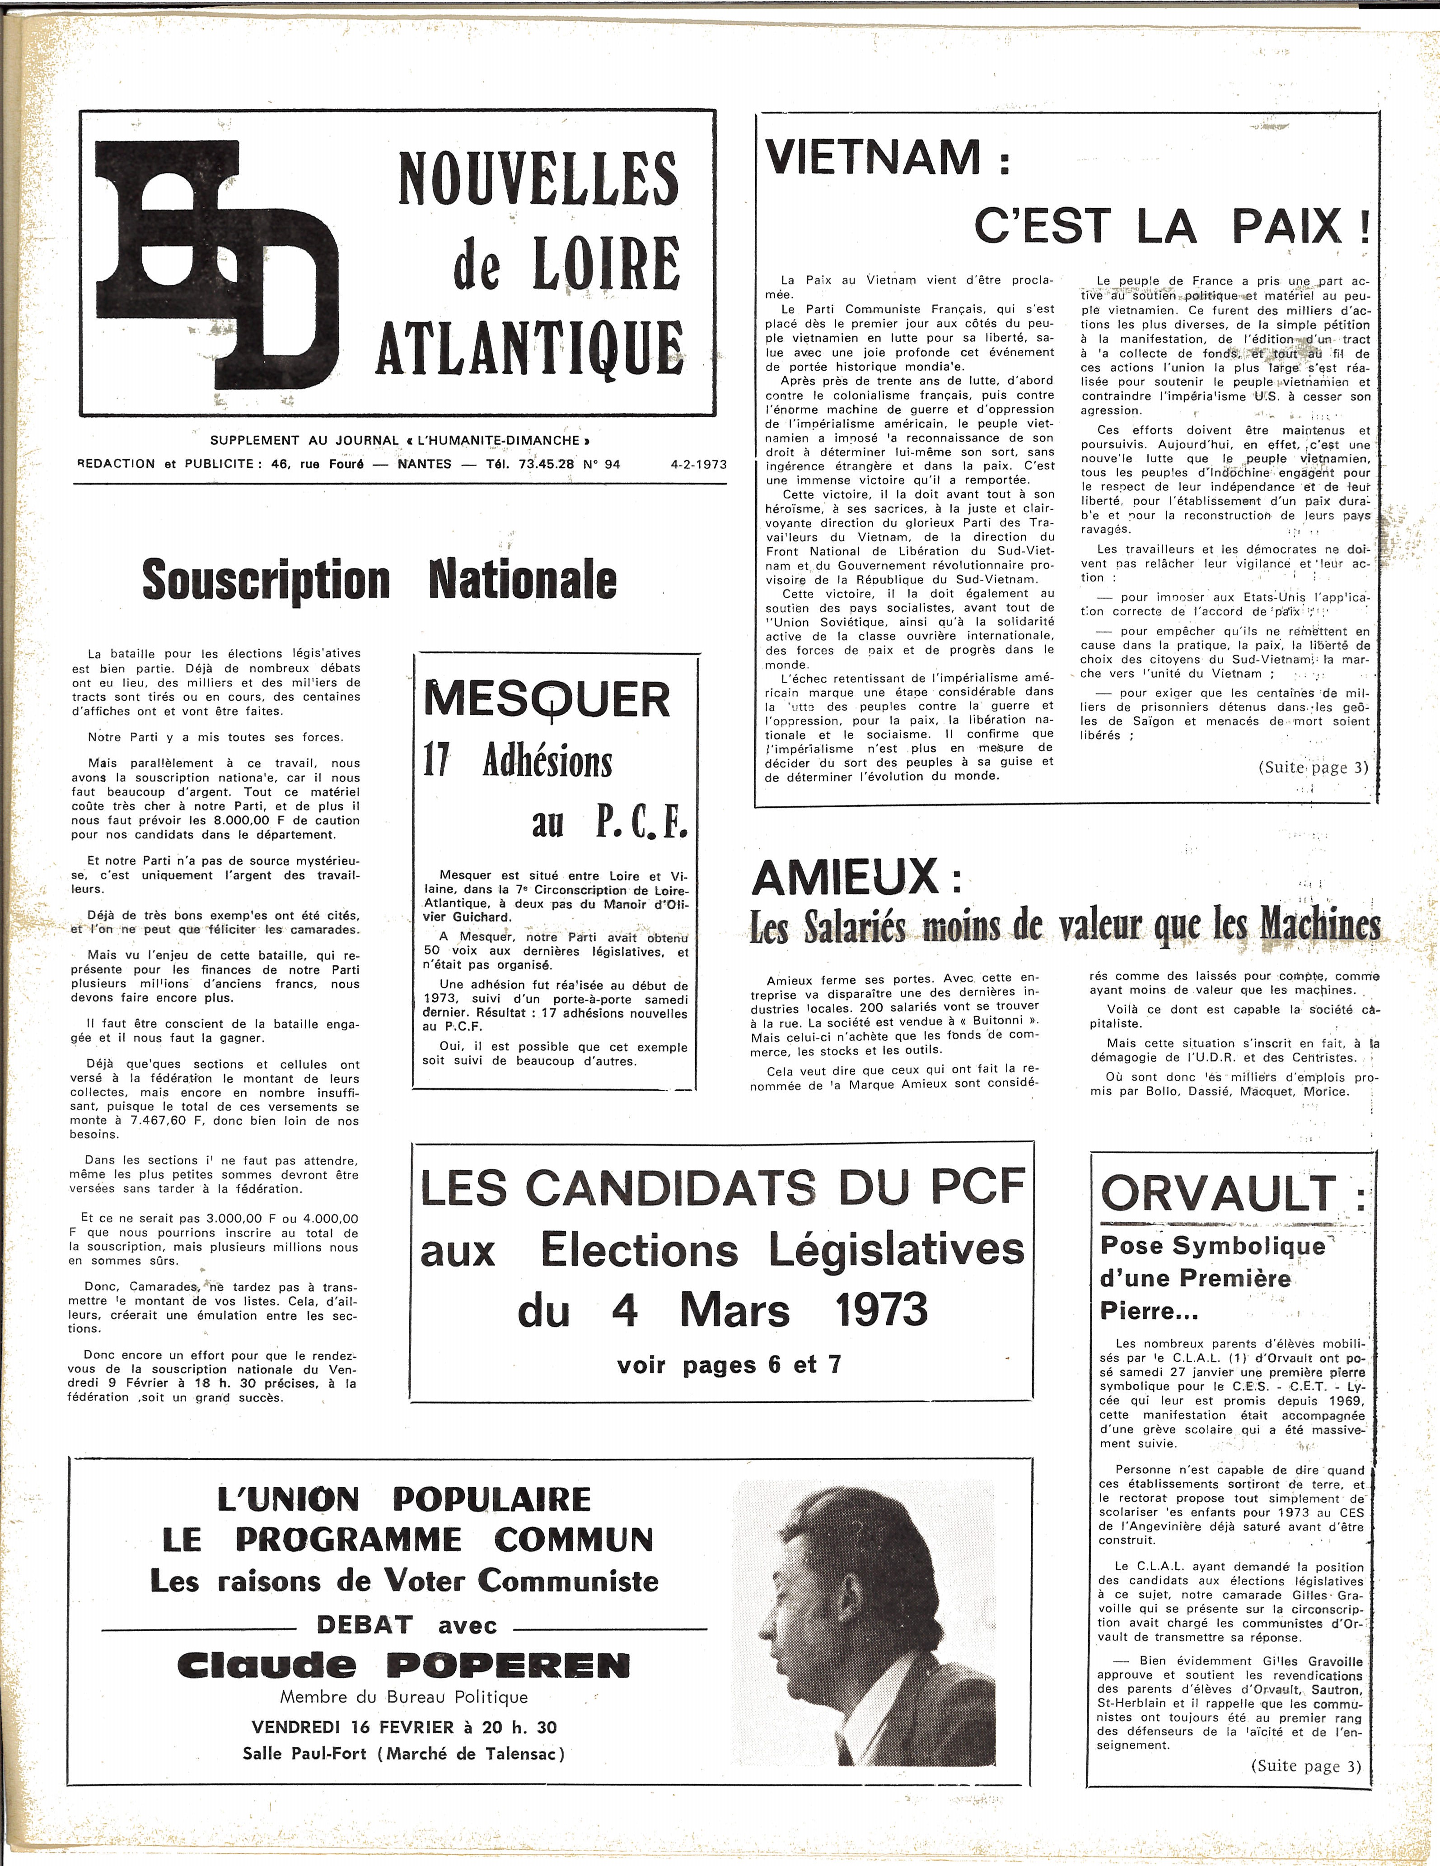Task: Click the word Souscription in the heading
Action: [266, 580]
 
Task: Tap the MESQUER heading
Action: [547, 700]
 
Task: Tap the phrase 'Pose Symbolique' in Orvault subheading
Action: [1212, 1246]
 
